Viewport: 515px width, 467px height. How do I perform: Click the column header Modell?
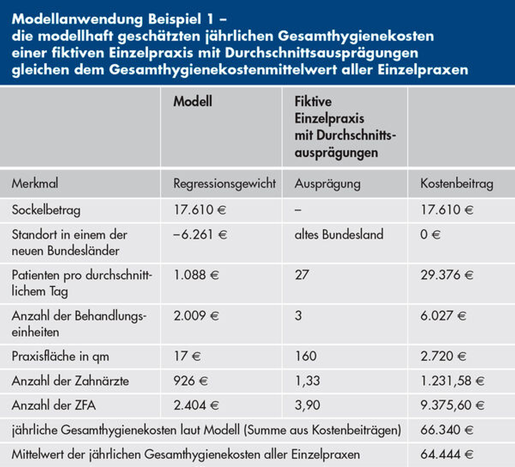pos(193,101)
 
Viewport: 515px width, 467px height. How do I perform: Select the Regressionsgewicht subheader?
pos(224,184)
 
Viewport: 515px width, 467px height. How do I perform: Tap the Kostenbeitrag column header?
pos(456,184)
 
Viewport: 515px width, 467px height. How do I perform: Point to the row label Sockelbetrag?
pos(46,210)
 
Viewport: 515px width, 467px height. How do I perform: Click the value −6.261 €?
pos(200,235)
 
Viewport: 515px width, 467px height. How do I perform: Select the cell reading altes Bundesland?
pos(339,235)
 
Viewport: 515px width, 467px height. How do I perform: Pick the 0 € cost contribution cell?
pos(430,235)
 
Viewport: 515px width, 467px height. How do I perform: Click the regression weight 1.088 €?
pos(196,275)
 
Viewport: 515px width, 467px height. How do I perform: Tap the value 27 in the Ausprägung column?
pos(302,275)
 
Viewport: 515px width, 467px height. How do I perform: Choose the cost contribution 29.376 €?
pos(447,275)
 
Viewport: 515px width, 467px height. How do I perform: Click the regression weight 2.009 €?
pos(196,316)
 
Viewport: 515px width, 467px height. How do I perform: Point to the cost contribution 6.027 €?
pos(443,316)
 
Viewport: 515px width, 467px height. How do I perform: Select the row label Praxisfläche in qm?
pos(60,356)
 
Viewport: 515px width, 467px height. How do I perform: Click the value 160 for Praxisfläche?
pos(305,356)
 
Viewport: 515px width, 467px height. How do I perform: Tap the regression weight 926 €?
pos(191,381)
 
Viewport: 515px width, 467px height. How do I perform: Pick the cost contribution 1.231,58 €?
pos(452,381)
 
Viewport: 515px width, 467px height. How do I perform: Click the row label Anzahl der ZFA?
pos(54,405)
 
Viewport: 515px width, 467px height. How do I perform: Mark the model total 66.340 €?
pos(447,430)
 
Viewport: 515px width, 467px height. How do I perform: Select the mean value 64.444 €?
pos(447,455)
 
